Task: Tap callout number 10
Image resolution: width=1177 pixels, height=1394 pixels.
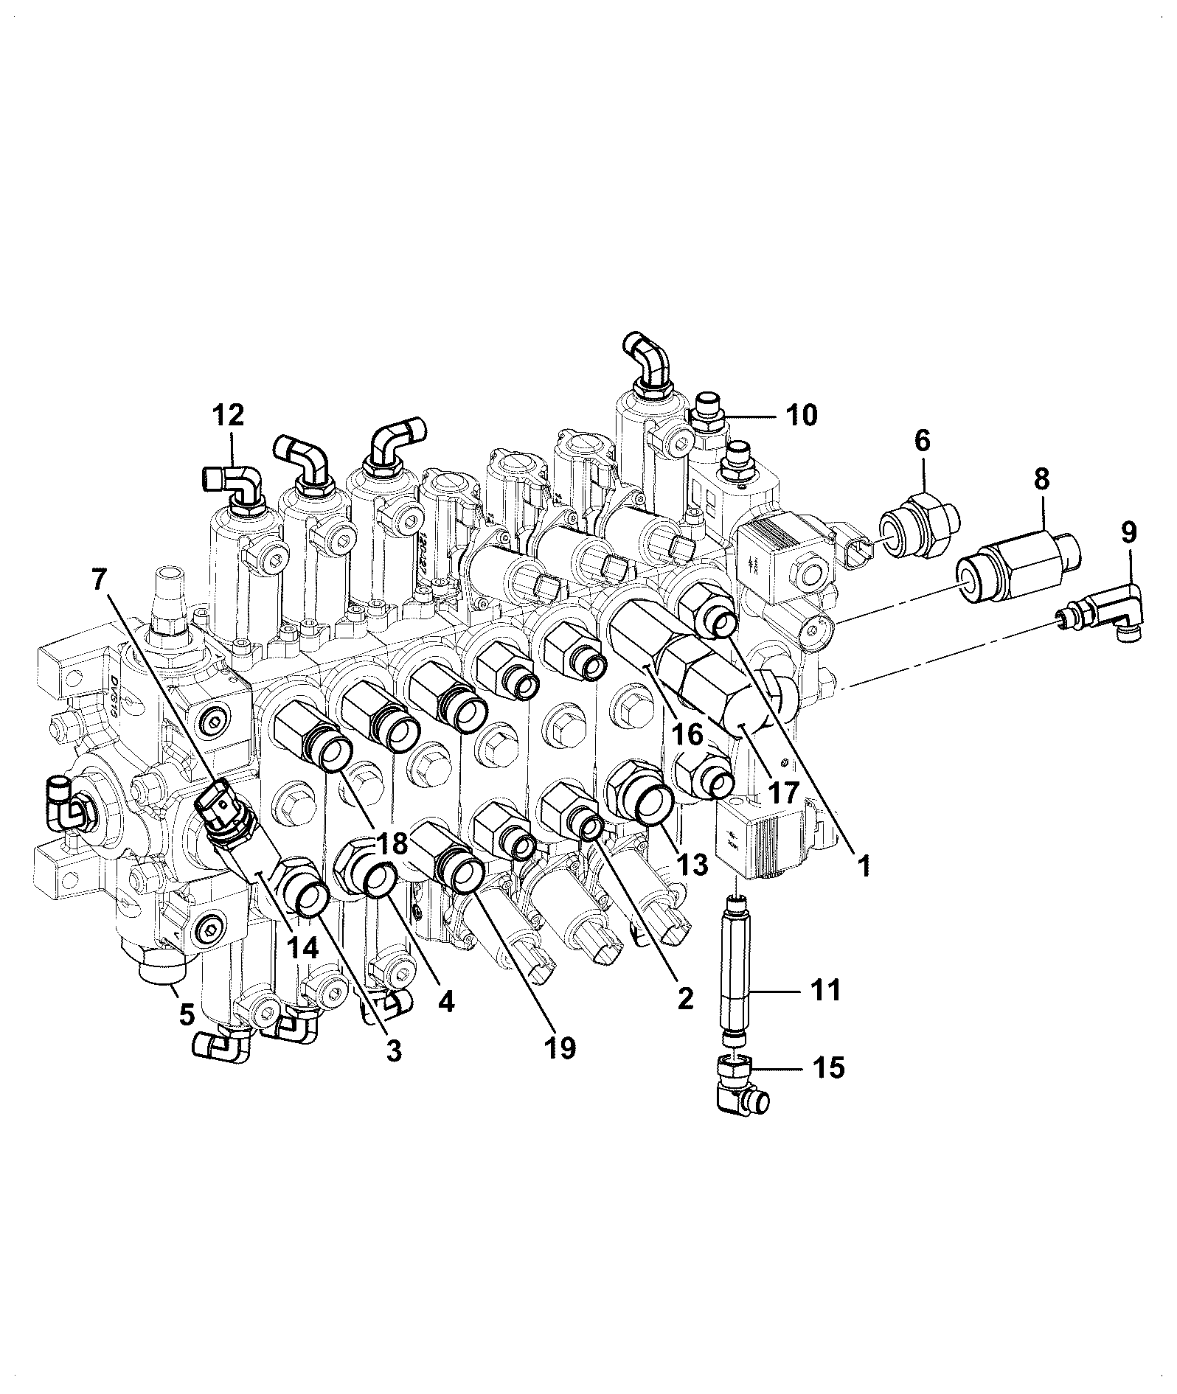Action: pyautogui.click(x=802, y=416)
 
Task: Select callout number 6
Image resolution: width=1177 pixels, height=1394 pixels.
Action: pyautogui.click(x=923, y=442)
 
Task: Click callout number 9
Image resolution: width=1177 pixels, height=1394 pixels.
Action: pyautogui.click(x=1128, y=532)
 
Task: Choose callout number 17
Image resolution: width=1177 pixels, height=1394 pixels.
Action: pyautogui.click(x=782, y=793)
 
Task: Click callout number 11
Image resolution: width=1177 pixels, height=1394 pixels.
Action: pyautogui.click(x=824, y=990)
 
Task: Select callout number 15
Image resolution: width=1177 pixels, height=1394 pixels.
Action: pyautogui.click(x=827, y=1067)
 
